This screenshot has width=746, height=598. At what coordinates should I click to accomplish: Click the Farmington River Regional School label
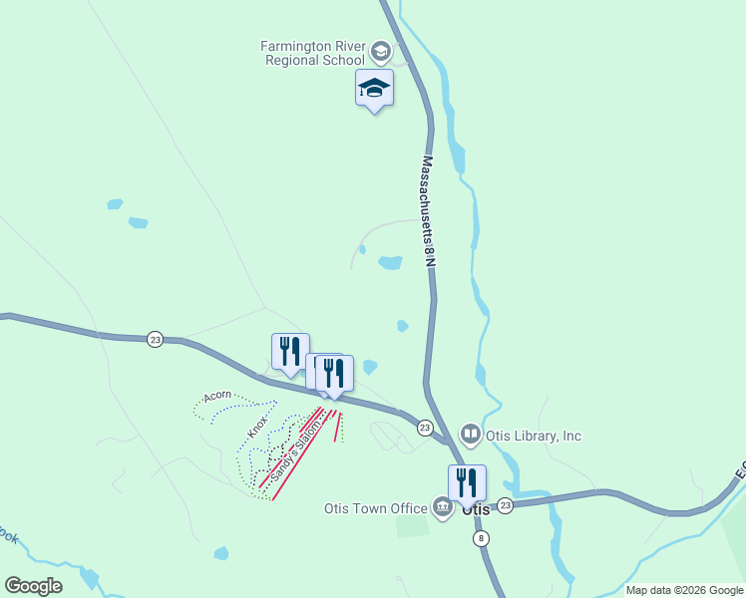point(313,53)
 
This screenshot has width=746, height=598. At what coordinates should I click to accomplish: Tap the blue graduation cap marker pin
point(374,89)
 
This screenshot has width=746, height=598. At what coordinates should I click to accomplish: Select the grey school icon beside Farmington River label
point(380,50)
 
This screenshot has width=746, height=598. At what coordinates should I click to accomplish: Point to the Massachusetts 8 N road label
point(428,209)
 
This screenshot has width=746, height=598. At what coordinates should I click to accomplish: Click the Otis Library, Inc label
point(535,436)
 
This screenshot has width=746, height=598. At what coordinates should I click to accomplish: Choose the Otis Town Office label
point(375,508)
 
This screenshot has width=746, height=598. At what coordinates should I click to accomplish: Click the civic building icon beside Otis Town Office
point(442,507)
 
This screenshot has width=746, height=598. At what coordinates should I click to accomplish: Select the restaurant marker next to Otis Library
point(467,484)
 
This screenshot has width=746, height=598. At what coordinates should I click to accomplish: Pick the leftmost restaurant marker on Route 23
point(290,353)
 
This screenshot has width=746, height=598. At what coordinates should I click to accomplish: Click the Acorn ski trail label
point(217,396)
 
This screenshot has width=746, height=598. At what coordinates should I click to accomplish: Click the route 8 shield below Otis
point(483,538)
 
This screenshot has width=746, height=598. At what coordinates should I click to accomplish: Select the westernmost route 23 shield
point(155,339)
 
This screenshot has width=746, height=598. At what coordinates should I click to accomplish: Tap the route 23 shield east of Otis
point(505,505)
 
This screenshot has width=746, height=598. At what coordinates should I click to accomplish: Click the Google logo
point(33,585)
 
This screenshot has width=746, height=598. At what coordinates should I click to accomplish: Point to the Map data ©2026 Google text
point(683,590)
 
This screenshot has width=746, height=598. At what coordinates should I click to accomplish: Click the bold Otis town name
point(478,509)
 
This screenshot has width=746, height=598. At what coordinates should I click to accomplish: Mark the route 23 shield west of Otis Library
point(425,428)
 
